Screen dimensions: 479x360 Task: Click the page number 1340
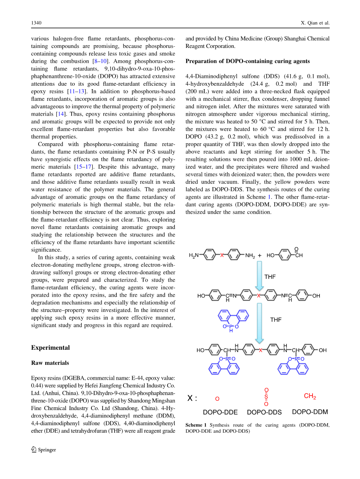(36, 23)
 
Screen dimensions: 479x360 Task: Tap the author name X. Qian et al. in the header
(315, 23)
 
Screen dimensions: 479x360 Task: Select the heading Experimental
(51, 347)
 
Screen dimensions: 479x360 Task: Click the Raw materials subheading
(50, 363)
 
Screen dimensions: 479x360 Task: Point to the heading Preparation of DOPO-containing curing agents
(248, 61)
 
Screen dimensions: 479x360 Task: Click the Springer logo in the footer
(44, 450)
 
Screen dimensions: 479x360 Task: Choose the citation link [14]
(60, 114)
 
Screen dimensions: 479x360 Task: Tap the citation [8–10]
(100, 61)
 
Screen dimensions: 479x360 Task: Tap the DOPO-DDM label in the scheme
(310, 412)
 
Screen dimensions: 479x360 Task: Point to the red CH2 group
(310, 396)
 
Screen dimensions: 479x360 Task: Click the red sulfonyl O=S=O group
(266, 397)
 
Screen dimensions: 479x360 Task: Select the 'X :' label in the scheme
(193, 398)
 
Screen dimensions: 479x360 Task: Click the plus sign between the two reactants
(260, 255)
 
